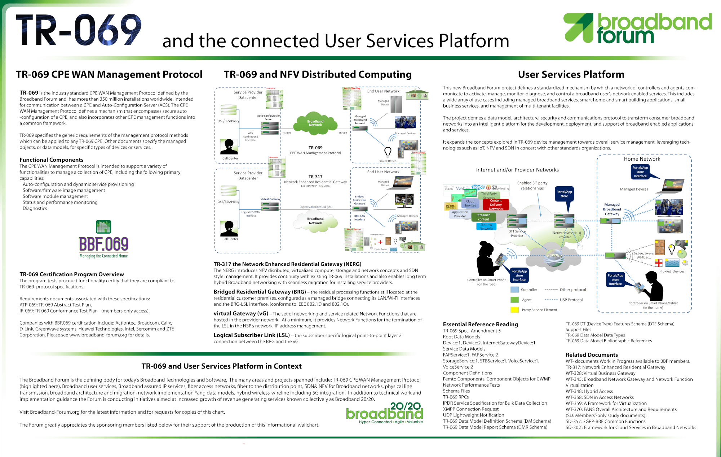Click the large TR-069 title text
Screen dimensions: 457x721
point(79,30)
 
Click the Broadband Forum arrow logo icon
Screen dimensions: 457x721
point(578,28)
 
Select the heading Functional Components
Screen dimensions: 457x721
point(52,160)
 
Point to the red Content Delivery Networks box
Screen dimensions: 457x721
point(496,205)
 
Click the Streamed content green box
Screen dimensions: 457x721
point(483,217)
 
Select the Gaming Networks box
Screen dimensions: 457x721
point(486,226)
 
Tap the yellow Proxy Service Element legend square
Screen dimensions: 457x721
point(514,310)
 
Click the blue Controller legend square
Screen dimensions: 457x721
point(514,290)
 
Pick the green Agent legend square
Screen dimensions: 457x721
point(514,300)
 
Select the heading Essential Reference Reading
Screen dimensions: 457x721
point(480,325)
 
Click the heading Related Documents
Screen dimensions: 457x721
point(592,355)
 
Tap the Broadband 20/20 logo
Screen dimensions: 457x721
point(384,413)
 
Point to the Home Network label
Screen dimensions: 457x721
point(642,159)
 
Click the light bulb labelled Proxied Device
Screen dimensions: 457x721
point(388,152)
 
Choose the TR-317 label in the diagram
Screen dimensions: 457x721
point(315,177)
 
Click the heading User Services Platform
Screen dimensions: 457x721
point(571,74)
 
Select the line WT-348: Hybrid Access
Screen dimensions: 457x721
point(589,391)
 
